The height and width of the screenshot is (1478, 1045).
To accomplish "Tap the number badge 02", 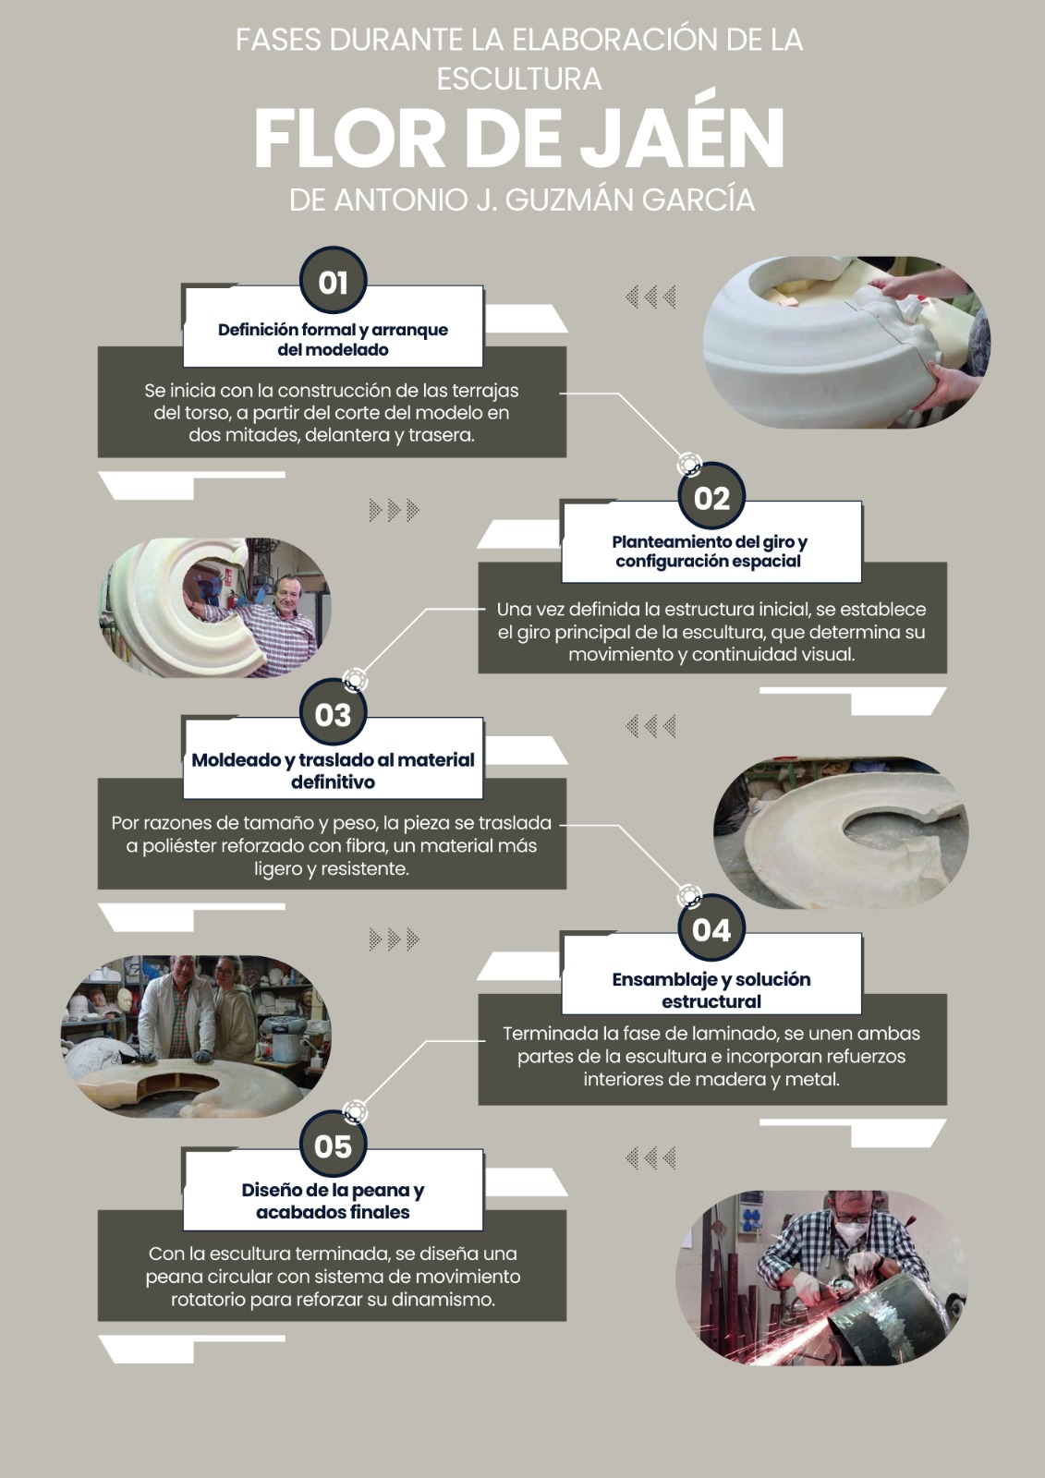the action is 711,497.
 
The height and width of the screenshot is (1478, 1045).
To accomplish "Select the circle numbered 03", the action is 333,713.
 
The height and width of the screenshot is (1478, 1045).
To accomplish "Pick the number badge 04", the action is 711,928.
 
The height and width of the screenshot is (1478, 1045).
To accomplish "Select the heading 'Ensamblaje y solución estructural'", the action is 711,989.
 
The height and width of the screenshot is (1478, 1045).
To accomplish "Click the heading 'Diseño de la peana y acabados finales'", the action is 333,1201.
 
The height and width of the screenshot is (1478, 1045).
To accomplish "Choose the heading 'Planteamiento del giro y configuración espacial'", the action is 710,551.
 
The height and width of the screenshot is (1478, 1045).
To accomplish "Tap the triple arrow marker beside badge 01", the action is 650,297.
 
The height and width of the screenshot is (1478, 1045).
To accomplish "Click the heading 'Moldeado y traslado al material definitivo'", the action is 333,770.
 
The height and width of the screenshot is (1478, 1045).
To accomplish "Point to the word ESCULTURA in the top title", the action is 519,79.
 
